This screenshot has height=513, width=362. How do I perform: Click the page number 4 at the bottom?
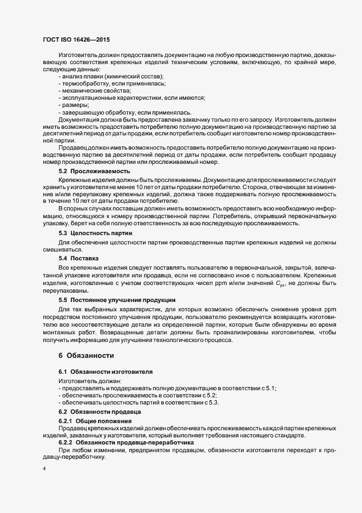(x=44, y=468)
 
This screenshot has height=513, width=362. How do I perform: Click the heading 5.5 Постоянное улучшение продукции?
(x=117, y=300)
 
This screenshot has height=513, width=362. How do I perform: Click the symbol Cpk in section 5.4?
(x=280, y=283)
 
